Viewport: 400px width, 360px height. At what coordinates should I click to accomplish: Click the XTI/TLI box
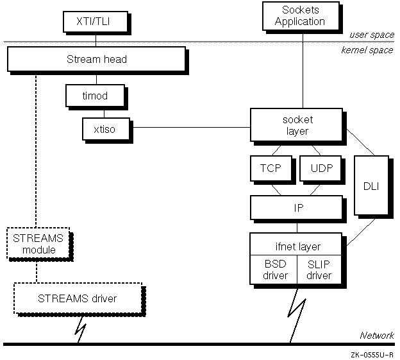96,21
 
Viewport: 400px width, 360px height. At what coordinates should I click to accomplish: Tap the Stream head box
97,60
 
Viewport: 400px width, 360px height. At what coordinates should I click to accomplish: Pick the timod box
96,96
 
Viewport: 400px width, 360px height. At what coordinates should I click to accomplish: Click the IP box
297,208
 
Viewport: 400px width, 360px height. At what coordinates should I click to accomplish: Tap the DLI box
371,185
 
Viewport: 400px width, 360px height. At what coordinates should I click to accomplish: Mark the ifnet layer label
297,246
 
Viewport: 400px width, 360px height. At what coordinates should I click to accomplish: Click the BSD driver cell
275,270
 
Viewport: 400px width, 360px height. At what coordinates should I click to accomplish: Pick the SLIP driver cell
319,270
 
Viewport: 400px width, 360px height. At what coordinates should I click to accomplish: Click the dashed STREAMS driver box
78,298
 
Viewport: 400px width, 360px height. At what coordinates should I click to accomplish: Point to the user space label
371,35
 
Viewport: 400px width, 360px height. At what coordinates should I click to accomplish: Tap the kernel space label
367,50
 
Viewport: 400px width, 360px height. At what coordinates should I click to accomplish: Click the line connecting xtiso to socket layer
190,127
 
